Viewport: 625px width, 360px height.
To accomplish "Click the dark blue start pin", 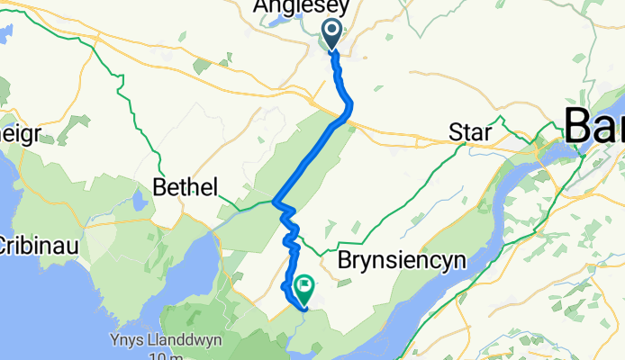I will (x=331, y=34).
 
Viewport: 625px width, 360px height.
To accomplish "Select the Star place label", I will (x=470, y=134).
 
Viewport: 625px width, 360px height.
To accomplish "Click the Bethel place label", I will (x=186, y=187).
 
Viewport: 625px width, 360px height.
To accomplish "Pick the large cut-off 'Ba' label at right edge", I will (x=593, y=124).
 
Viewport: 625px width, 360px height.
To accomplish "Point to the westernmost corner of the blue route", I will (x=273, y=202).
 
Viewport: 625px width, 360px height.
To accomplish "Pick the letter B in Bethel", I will (x=160, y=187).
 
